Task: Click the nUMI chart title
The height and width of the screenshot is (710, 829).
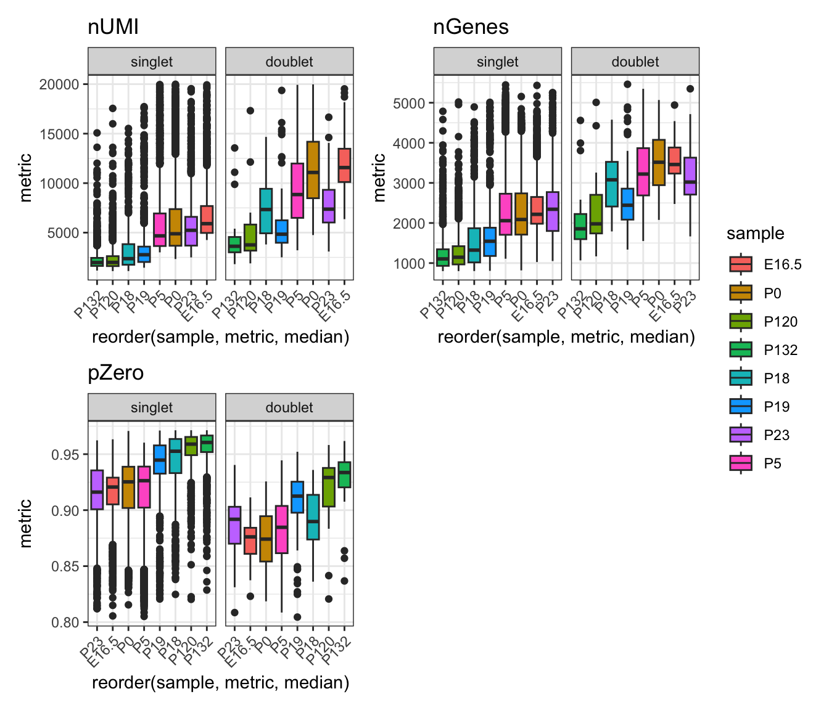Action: click(x=113, y=27)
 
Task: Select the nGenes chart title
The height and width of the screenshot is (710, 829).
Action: click(x=471, y=27)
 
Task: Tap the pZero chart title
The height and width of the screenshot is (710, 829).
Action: click(x=116, y=373)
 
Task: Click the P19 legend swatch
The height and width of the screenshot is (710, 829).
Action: click(x=740, y=407)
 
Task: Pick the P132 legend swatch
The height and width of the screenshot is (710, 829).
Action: click(x=740, y=350)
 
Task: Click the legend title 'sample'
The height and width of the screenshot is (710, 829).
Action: click(x=755, y=234)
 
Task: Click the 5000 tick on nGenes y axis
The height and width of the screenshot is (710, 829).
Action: click(x=409, y=104)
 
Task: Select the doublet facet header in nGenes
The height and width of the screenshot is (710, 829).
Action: click(x=635, y=62)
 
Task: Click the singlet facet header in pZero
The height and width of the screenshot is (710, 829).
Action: click(x=152, y=407)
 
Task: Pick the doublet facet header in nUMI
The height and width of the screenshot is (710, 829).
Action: click(x=289, y=62)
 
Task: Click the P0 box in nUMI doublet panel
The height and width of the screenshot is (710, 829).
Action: click(x=313, y=169)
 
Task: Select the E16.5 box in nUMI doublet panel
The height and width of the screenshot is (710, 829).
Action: click(x=344, y=165)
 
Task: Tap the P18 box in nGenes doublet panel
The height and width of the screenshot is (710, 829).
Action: click(x=612, y=184)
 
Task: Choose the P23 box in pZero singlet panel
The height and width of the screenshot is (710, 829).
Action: click(x=97, y=489)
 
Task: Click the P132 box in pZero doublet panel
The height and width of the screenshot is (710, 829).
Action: click(x=344, y=475)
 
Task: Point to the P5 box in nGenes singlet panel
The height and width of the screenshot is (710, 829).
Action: click(x=506, y=213)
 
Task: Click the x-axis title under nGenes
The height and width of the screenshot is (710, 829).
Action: click(x=566, y=337)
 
